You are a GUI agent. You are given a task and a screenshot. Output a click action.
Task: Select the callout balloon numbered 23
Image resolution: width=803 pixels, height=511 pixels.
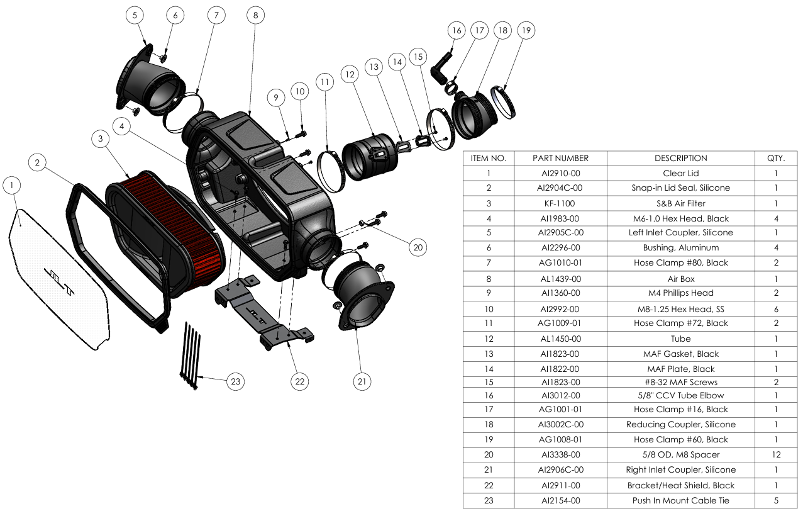235,381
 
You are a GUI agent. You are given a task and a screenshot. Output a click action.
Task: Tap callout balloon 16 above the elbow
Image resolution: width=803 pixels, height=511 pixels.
457,30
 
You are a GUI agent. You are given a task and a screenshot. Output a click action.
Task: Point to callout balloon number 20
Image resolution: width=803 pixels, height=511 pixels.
418,247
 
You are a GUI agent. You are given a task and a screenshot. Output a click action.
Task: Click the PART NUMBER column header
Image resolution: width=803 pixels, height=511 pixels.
560,158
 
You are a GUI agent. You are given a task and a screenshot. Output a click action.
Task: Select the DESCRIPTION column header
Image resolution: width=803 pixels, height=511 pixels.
680,158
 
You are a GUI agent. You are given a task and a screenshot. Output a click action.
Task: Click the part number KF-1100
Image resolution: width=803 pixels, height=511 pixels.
560,203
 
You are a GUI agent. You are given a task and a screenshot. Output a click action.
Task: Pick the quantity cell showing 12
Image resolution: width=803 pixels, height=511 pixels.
775,454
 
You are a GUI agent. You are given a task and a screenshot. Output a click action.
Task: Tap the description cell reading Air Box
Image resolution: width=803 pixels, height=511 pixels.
680,279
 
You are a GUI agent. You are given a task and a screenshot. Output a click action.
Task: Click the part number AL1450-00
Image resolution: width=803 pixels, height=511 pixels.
560,339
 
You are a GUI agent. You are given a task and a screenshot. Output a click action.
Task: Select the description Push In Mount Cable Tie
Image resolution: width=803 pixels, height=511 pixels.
680,500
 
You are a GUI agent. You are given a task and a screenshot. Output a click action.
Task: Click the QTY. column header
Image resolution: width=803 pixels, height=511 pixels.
775,158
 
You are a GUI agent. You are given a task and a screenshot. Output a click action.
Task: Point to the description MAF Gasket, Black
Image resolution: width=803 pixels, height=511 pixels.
680,354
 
